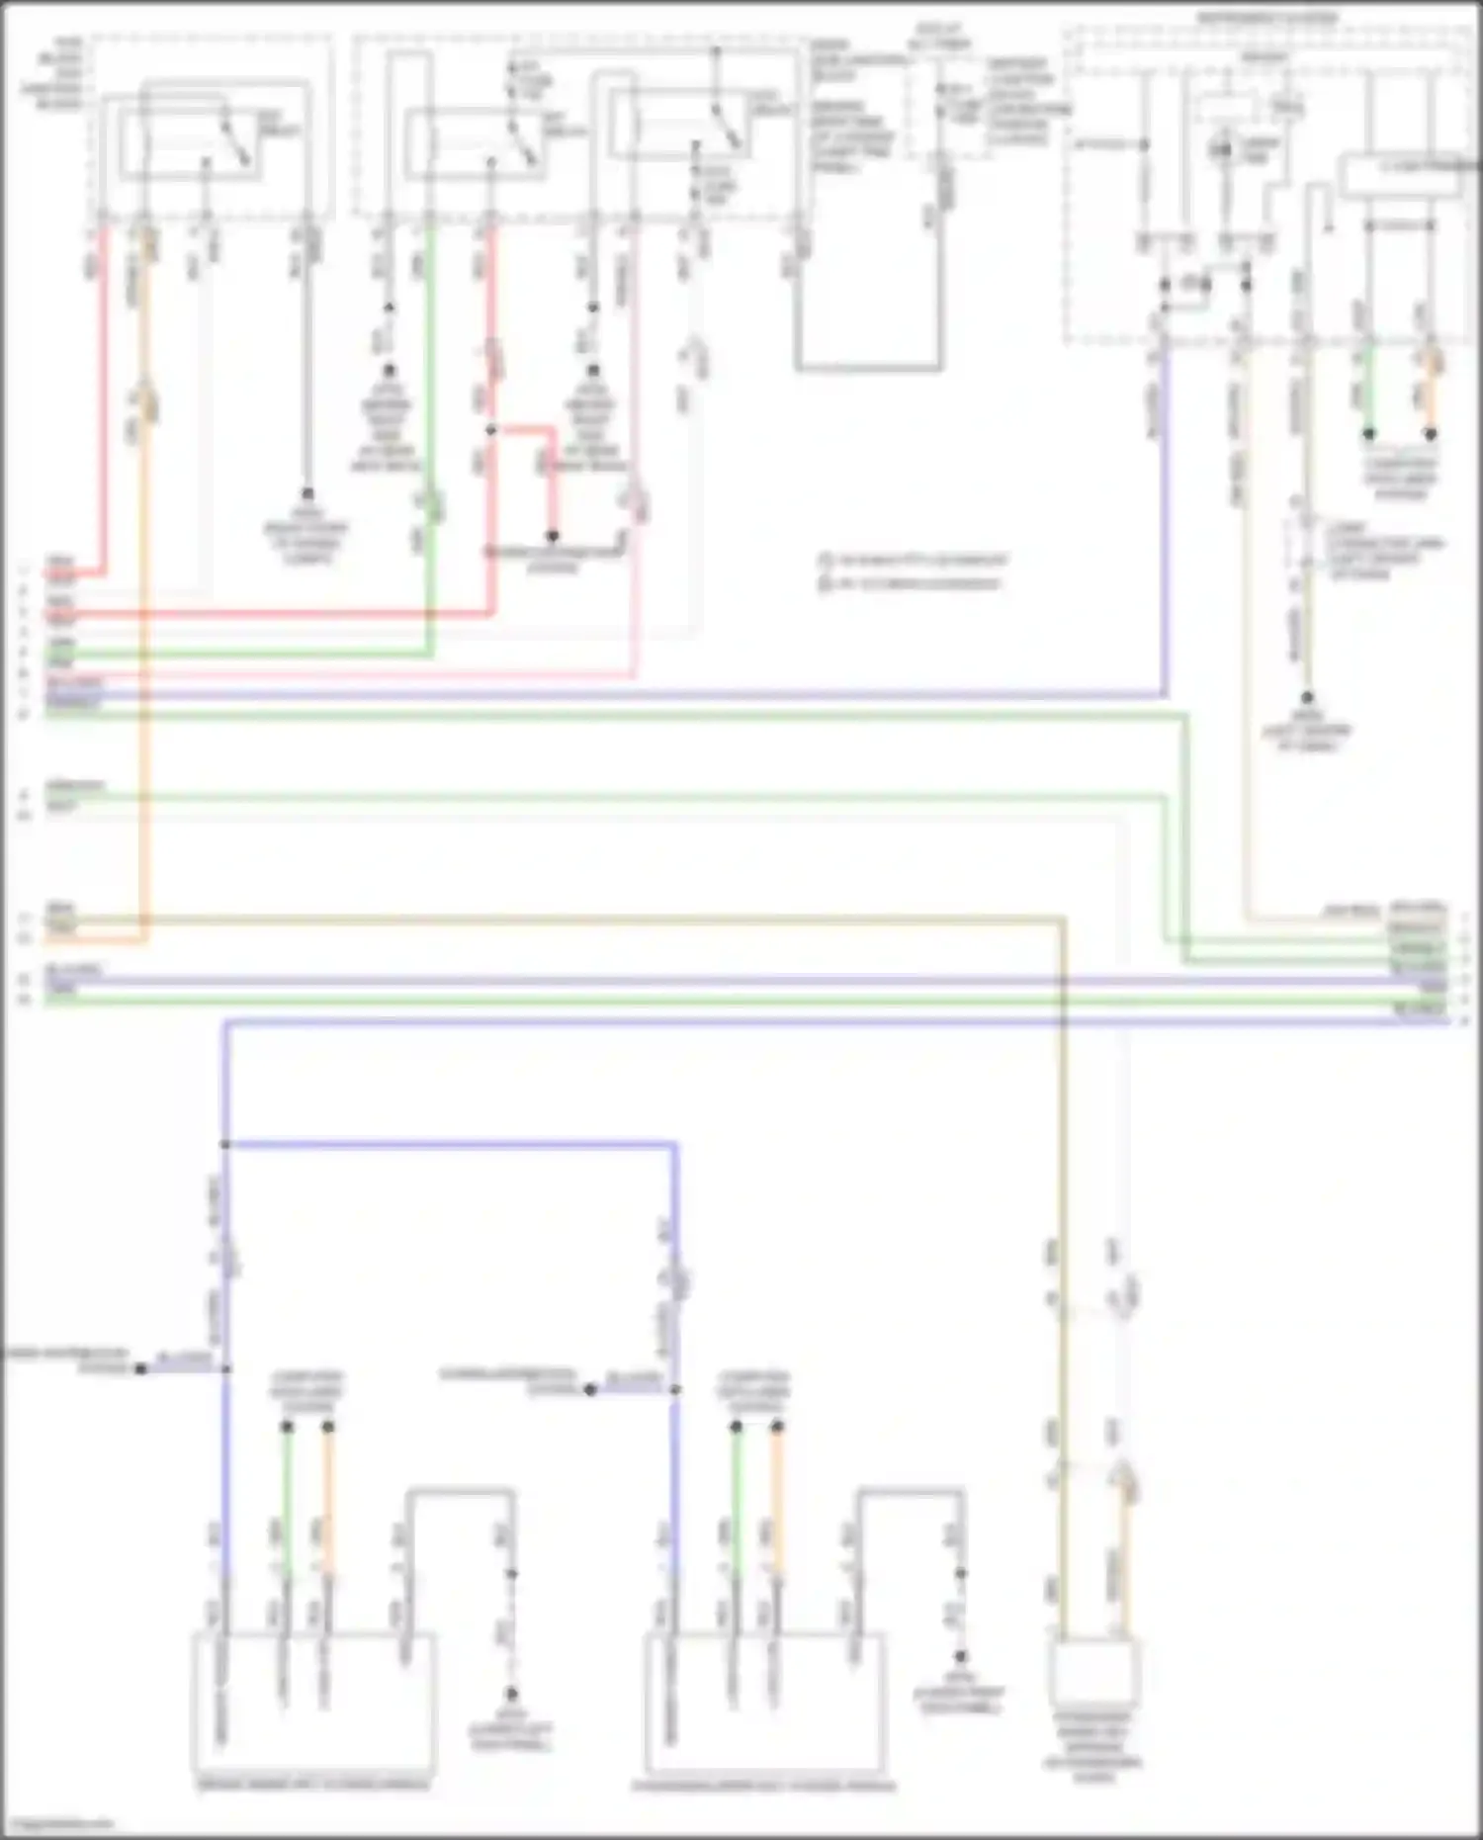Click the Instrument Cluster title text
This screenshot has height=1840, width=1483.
[x=1266, y=18]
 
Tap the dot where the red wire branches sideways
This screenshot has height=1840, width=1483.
[x=490, y=430]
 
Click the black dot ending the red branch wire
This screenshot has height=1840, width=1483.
[x=553, y=536]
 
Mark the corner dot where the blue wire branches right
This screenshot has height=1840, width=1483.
[x=225, y=1145]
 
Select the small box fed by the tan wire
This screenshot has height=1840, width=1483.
[x=1094, y=1670]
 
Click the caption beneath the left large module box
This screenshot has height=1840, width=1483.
[x=313, y=1784]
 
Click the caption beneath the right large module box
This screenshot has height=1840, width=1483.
[x=763, y=1786]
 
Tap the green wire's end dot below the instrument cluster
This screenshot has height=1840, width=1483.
[x=1369, y=433]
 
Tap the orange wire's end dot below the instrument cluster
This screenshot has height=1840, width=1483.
[x=1430, y=433]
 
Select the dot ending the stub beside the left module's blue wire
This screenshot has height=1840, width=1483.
[x=141, y=1368]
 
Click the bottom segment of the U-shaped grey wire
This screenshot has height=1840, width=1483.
[x=868, y=369]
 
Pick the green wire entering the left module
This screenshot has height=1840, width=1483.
[x=286, y=1503]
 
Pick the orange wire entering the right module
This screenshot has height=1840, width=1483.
[x=777, y=1503]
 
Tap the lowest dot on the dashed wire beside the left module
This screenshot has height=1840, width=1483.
[x=511, y=1693]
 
